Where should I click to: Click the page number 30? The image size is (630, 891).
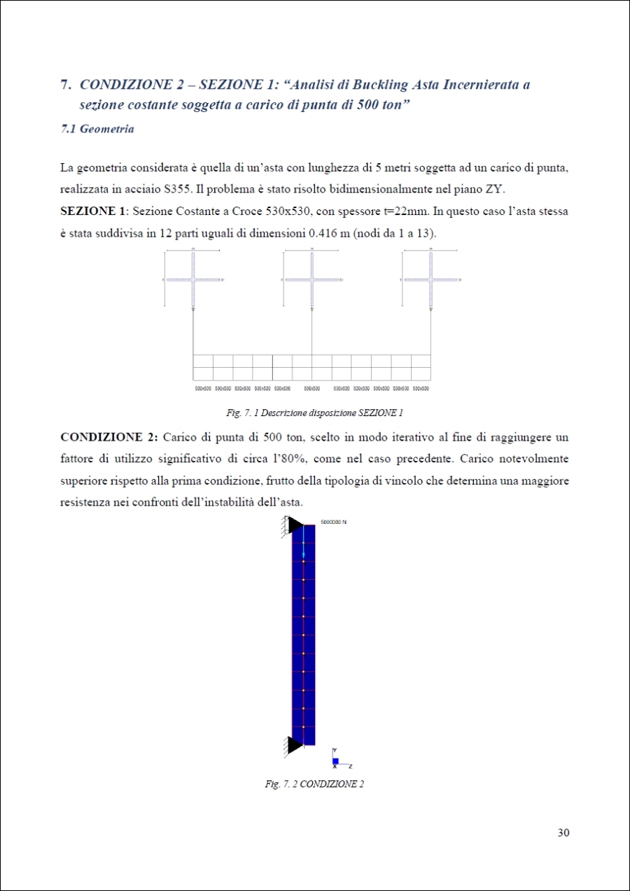pyautogui.click(x=563, y=833)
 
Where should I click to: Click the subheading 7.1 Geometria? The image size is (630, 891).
pyautogui.click(x=97, y=129)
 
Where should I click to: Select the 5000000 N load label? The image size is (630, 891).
pyautogui.click(x=334, y=523)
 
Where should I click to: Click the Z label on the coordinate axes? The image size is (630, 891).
pyautogui.click(x=350, y=766)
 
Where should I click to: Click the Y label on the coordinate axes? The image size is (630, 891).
pyautogui.click(x=335, y=750)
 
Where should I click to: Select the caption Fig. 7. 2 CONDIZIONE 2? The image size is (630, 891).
pyautogui.click(x=314, y=785)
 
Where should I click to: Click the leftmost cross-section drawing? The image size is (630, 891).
pyautogui.click(x=193, y=279)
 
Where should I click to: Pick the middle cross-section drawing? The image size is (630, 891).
pyautogui.click(x=311, y=279)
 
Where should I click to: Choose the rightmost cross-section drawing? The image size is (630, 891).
pyautogui.click(x=430, y=279)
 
